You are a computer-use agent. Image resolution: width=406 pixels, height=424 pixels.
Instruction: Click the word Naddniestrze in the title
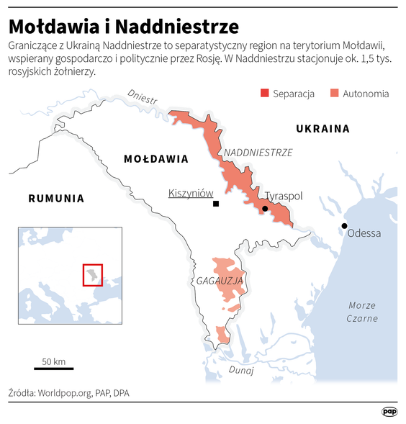click(176, 27)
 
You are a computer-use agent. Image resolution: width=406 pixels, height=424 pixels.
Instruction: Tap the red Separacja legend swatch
click(264, 94)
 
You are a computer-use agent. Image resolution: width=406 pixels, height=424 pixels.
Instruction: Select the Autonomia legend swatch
click(334, 94)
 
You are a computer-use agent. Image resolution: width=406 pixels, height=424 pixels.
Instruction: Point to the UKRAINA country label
click(322, 130)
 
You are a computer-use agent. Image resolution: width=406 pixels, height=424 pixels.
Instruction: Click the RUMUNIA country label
click(56, 198)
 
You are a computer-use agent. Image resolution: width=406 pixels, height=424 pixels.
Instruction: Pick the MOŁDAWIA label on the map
click(155, 159)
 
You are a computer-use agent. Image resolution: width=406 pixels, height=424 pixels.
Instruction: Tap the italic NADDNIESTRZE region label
click(258, 153)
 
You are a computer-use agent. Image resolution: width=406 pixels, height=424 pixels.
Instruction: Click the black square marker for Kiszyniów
click(215, 204)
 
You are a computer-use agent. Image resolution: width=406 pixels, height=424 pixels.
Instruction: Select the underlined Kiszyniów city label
click(191, 193)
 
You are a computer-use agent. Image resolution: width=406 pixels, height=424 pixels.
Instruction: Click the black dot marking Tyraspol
click(265, 209)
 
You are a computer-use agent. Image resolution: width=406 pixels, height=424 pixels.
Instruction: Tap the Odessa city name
click(364, 233)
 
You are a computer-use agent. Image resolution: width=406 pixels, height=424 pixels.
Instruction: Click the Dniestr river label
click(141, 97)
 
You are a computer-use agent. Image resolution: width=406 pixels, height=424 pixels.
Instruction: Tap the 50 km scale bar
click(53, 369)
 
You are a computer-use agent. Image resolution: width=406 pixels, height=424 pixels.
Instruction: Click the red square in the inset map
click(92, 275)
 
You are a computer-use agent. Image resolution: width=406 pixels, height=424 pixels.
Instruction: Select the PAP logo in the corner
click(389, 411)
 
